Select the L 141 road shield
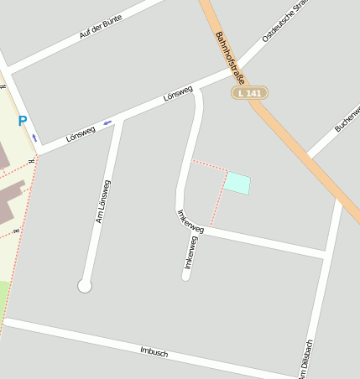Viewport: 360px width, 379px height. pos(249,93)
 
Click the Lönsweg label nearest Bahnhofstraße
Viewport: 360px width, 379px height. pos(178,94)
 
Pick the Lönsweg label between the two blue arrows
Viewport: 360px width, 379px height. pos(80,133)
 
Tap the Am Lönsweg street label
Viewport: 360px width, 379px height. pos(104,201)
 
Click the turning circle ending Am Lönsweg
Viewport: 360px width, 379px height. pos(84,286)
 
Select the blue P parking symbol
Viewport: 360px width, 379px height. pos(23,121)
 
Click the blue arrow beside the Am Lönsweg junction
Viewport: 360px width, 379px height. pos(107,123)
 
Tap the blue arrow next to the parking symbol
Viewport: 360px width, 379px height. pos(34,138)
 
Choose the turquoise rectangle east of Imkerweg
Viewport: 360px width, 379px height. pos(237,183)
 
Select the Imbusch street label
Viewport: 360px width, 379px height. pos(154,352)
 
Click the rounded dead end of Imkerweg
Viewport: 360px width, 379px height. pos(186,275)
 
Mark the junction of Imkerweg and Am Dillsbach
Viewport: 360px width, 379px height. pos(326,252)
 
